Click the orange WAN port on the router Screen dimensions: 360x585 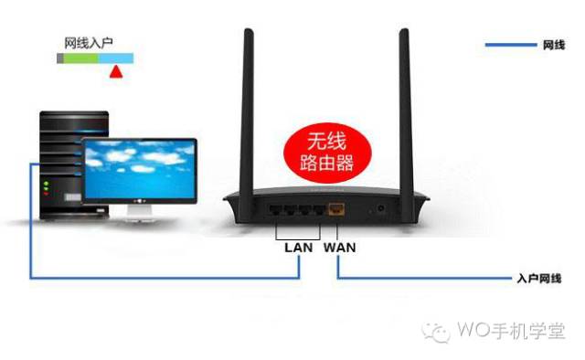337,209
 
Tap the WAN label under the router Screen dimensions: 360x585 339,247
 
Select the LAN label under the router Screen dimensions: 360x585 298,247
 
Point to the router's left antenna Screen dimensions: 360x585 248,101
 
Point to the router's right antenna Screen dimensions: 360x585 403,101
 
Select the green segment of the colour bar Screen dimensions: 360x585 81,58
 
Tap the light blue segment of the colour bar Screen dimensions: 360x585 116,58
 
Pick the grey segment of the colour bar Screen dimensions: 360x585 60,58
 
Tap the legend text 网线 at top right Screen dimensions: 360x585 553,45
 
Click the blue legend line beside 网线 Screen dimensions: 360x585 510,45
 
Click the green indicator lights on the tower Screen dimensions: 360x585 46,188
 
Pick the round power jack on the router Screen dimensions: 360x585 379,209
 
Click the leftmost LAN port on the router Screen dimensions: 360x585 277,209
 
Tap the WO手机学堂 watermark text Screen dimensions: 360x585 512,330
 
